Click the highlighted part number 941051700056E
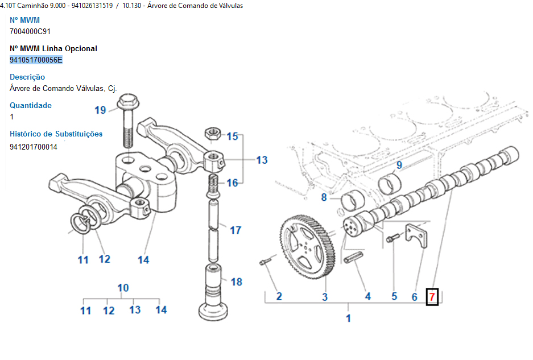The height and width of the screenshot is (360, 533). [x=36, y=60]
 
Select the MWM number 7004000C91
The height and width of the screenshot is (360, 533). [x=30, y=31]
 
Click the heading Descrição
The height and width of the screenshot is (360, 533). [x=27, y=77]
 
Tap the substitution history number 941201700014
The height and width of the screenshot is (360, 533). [x=34, y=147]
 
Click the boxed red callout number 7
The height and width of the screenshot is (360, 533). [x=432, y=296]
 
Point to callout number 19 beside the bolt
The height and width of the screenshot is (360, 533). [x=100, y=110]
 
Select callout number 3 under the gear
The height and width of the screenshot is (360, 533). [x=325, y=296]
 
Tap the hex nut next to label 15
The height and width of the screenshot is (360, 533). [x=214, y=133]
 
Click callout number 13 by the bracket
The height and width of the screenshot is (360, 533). [x=262, y=160]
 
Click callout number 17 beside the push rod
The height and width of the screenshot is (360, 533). [x=235, y=230]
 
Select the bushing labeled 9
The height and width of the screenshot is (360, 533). [x=391, y=184]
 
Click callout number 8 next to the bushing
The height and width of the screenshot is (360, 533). [x=324, y=197]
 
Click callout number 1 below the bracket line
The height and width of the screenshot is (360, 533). [x=349, y=318]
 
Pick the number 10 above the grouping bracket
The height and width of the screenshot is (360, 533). [x=123, y=288]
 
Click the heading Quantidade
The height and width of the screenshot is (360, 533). [x=31, y=105]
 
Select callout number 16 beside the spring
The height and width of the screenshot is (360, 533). [x=232, y=183]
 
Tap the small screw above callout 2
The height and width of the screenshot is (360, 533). [x=264, y=262]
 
